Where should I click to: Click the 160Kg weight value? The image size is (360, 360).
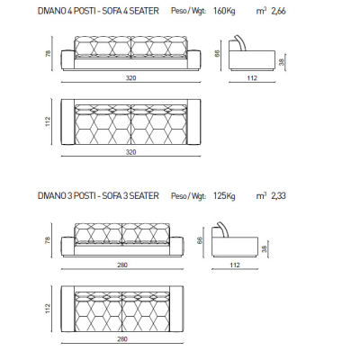pos(224,11)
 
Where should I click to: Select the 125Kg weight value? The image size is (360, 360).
pos(224,196)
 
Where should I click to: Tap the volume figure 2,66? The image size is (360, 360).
pos(278,12)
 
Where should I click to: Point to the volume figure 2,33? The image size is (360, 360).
pos(278,196)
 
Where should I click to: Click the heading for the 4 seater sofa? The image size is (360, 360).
pos(98,11)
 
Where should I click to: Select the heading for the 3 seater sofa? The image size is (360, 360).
pos(98,196)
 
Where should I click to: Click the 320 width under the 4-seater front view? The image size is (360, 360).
pos(130,78)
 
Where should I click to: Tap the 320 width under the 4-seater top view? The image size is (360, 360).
pos(130,152)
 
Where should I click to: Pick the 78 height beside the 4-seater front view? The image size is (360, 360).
pos(48,53)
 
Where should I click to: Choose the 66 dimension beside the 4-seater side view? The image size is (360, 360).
pos(218,53)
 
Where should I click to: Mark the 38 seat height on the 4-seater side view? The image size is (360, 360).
pos(281,62)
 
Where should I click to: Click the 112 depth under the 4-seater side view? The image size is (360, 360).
pos(252,78)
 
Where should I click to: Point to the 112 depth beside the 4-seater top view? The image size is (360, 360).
pos(48,121)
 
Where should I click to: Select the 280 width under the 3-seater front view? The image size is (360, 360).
pos(122,265)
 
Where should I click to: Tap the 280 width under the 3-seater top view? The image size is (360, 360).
pos(122,339)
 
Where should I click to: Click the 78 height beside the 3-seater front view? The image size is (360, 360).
pos(48,240)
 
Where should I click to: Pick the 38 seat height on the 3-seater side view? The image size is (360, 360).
pos(264,249)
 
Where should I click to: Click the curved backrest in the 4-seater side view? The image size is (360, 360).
pos(242,42)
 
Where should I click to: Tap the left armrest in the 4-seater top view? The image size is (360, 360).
pos(67,121)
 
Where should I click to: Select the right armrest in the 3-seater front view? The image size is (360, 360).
pos(176,247)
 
